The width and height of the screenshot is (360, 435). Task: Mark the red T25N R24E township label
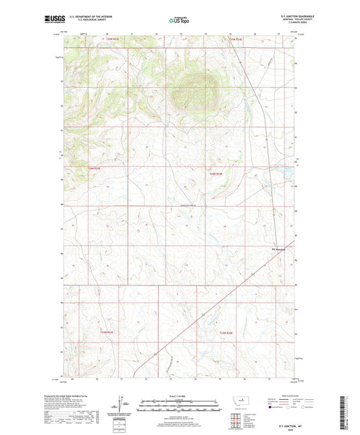click(x=234, y=40)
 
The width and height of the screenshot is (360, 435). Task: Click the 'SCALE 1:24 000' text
click(x=180, y=395)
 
